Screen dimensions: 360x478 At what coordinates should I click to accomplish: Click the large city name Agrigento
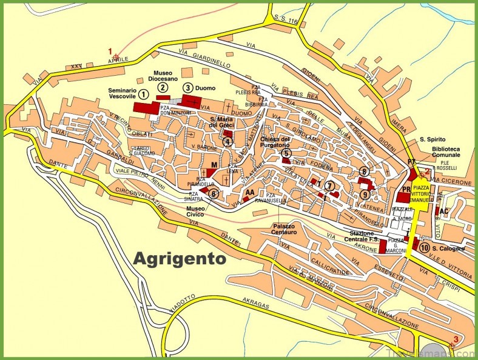tap(179, 259)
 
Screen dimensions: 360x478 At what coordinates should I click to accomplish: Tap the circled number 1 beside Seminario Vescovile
tap(143, 94)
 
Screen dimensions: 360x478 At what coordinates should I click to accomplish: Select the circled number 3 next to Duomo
tap(188, 88)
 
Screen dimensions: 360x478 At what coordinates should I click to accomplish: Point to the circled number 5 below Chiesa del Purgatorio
tap(286, 153)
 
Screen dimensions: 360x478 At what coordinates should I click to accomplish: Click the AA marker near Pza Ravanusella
tap(249, 192)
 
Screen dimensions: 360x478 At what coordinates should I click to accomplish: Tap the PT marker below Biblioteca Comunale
tap(411, 162)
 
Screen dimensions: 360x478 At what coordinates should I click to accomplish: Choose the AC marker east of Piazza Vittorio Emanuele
tap(443, 211)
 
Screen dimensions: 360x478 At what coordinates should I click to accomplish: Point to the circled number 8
tap(364, 172)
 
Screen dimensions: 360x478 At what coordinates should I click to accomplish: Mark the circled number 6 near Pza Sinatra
tap(214, 194)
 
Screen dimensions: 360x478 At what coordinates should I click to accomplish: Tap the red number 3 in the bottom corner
tap(449, 339)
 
